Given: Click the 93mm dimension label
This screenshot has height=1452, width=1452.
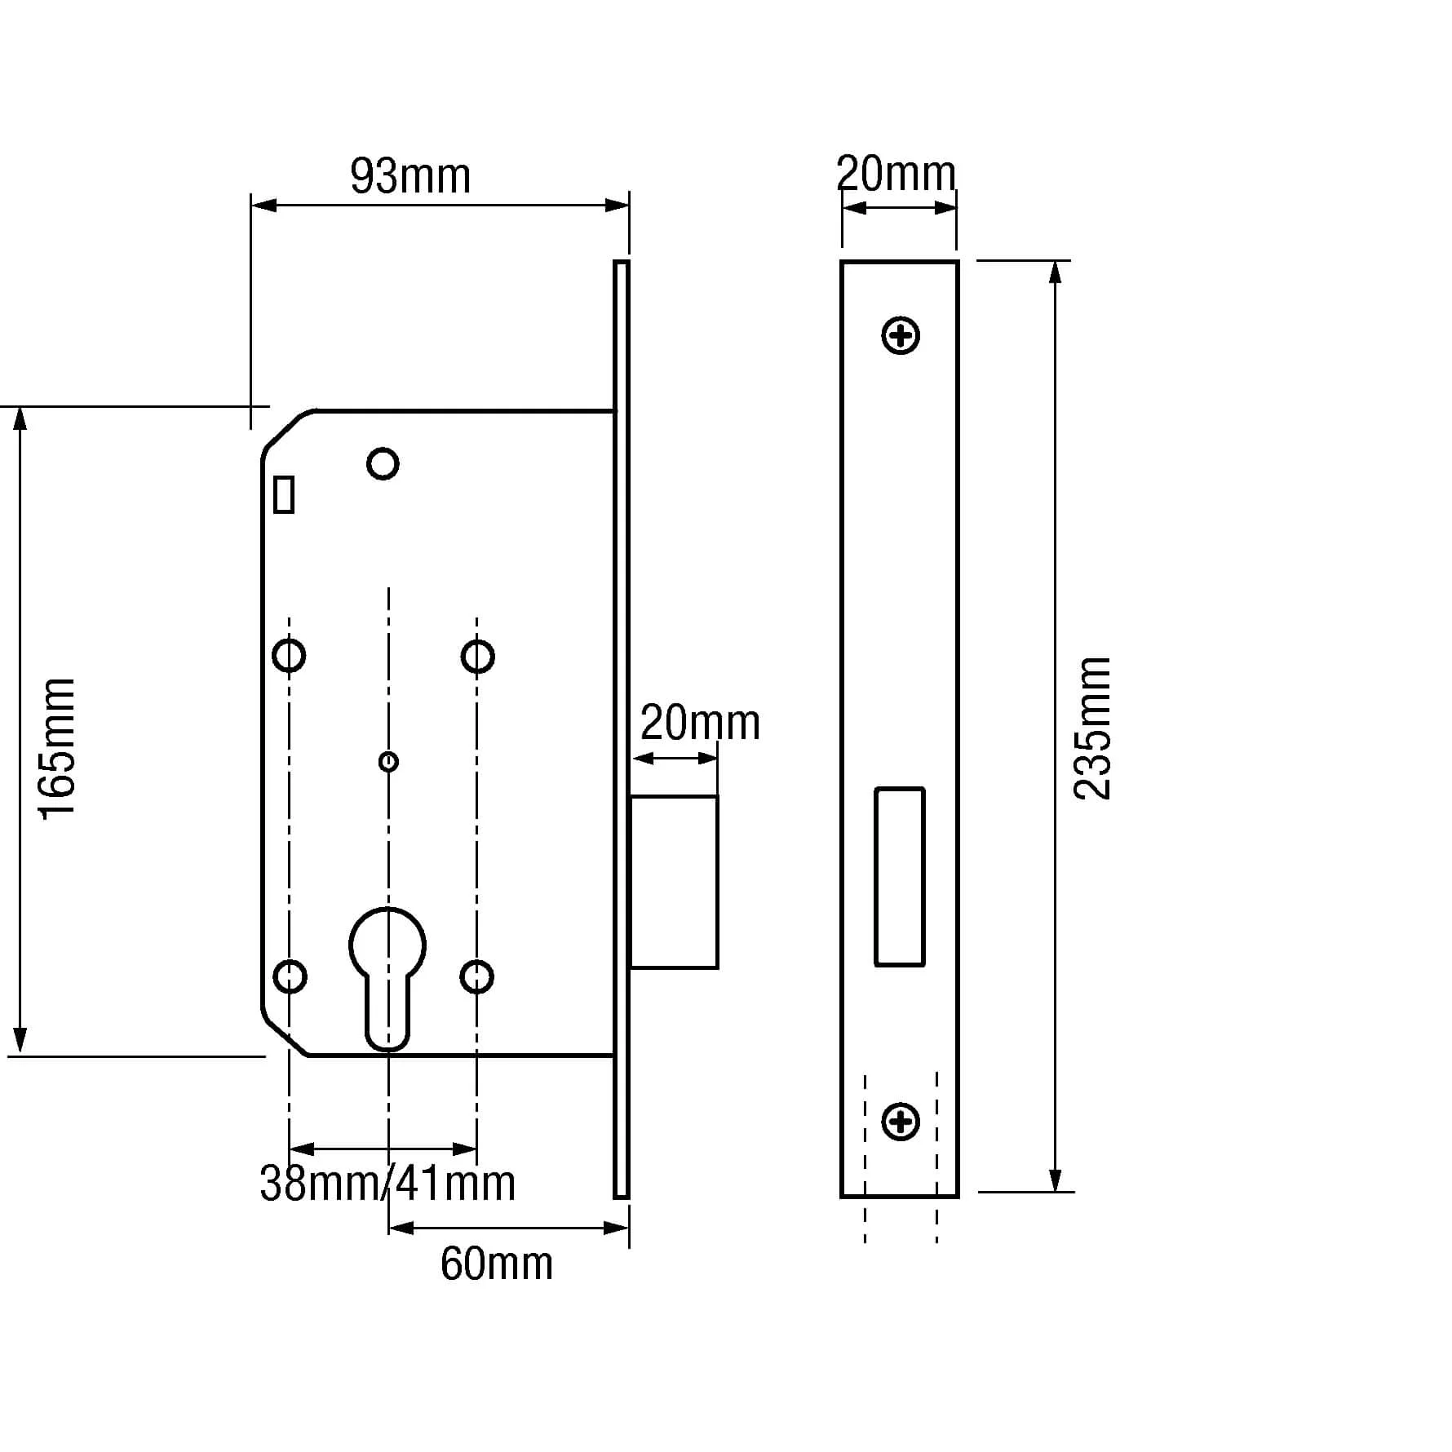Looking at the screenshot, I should point(410,176).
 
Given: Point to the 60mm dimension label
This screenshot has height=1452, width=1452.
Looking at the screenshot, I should point(496,1264).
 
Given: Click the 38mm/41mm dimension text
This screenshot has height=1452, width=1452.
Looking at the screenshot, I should point(387,1183).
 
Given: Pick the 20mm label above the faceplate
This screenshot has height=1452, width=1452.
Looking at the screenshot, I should point(896,174).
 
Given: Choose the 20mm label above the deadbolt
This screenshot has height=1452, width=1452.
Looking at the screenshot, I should point(700,723).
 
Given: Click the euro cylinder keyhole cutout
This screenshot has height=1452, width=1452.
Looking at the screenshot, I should point(387,971).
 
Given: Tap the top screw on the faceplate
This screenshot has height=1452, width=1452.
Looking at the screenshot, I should point(901,335).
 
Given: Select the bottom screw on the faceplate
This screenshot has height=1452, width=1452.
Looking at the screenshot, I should point(901,1122).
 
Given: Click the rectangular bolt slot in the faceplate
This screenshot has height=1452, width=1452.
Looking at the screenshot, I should point(899,876).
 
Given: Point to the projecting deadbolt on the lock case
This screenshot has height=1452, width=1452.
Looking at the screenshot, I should point(674,882).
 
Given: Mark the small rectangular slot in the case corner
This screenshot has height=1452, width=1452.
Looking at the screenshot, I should point(284,494).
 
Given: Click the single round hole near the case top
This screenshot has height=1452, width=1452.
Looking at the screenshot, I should point(383,463).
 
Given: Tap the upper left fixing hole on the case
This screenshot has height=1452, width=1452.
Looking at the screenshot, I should point(289,655).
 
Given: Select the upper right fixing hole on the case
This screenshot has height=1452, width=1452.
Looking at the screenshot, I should point(477,656).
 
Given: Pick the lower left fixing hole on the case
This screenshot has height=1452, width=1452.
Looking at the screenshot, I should point(290,976).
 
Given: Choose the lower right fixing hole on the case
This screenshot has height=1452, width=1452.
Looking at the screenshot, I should point(476,976).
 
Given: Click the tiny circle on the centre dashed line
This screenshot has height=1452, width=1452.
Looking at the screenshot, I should point(388,762).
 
